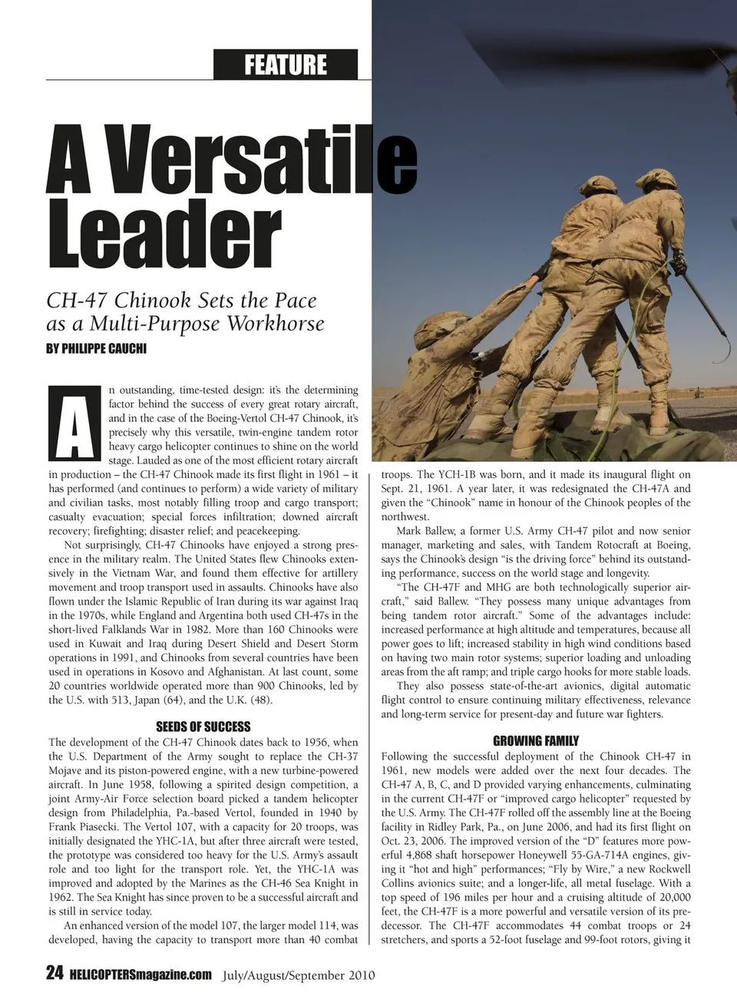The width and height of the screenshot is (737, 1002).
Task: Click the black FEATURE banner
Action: pos(286,64)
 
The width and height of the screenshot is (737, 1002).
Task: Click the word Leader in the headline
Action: pos(163,228)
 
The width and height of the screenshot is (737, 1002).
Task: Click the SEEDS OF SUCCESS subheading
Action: pos(203,727)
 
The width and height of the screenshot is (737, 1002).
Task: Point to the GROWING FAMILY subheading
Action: pos(536,741)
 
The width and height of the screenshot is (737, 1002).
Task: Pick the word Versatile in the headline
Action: pos(230,163)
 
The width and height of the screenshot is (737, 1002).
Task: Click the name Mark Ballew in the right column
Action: pos(426,531)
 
